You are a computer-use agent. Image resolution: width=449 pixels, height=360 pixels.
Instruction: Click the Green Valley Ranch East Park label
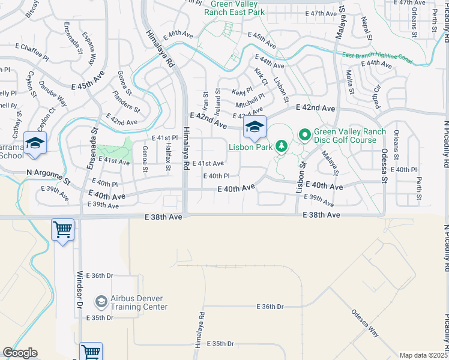(x=235, y=7)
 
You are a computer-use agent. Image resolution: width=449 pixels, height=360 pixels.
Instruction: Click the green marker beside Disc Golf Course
(x=304, y=136)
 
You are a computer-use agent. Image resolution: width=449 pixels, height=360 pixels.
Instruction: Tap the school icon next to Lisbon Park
(x=255, y=127)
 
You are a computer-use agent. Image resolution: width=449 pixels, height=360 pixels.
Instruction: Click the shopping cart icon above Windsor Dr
(x=63, y=229)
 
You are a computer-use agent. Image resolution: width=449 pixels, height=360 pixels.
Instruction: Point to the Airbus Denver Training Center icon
(x=101, y=301)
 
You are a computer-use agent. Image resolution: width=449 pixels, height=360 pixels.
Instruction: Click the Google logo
(x=20, y=353)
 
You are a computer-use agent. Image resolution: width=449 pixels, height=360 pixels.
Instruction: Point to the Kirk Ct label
(x=261, y=76)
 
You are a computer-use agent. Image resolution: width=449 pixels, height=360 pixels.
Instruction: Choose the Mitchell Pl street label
(x=250, y=99)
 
